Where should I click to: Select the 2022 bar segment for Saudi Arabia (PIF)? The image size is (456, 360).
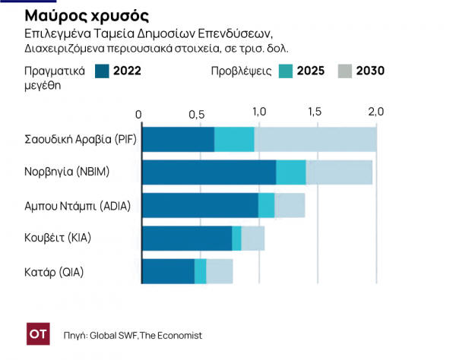[x=179, y=140]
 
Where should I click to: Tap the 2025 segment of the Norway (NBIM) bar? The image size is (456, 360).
[x=290, y=172]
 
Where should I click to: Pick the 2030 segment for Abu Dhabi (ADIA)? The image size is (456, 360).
[x=290, y=205]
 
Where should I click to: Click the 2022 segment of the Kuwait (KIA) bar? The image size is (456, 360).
[x=187, y=238]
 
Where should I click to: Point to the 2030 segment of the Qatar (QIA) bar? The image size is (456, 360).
[x=220, y=271]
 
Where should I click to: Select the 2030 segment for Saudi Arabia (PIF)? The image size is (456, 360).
[x=315, y=140]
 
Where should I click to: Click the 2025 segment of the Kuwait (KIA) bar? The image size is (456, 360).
[x=236, y=238]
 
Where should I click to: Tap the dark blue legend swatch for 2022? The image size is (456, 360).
[x=102, y=71]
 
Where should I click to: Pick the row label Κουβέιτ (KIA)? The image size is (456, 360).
[x=58, y=238]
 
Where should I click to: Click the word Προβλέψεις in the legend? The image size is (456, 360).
[x=239, y=71]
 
